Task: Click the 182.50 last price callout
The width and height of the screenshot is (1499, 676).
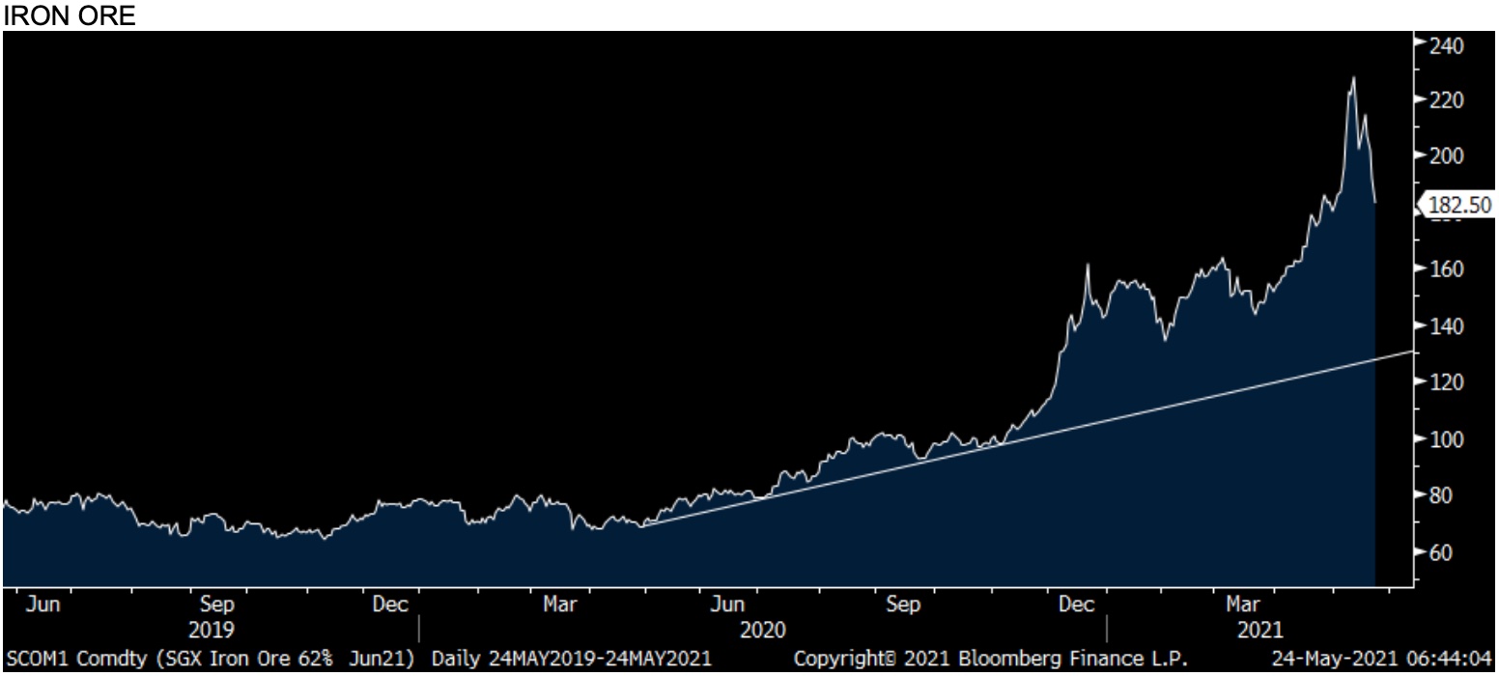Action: pyautogui.click(x=1458, y=204)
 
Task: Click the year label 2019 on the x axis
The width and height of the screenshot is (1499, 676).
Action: pyautogui.click(x=215, y=629)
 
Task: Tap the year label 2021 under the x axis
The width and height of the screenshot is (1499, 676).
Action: pyautogui.click(x=1260, y=629)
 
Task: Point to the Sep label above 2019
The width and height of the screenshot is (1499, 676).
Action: pyautogui.click(x=215, y=606)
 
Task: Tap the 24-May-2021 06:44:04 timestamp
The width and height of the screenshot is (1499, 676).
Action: pyautogui.click(x=1382, y=660)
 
